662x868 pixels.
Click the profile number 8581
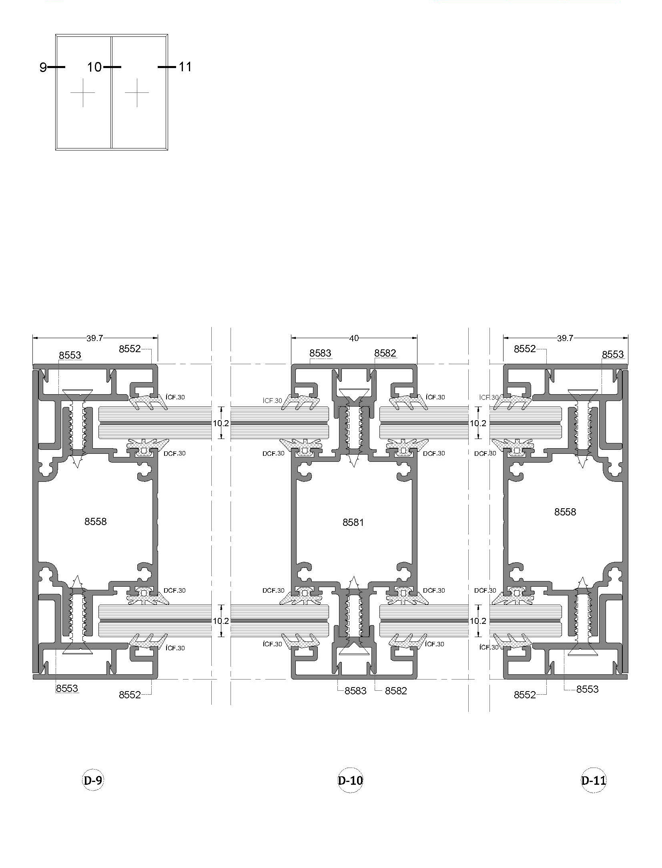tap(353, 522)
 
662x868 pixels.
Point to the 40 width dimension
tap(354, 338)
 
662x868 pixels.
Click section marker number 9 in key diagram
tap(43, 67)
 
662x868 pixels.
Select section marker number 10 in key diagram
tap(94, 67)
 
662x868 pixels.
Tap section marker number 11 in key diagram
tap(185, 66)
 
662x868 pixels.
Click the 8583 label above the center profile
tap(320, 353)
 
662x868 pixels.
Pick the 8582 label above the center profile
tap(385, 353)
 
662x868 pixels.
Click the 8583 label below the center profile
tap(355, 691)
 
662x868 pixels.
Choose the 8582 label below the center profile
tap(396, 691)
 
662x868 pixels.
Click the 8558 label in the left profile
tap(96, 521)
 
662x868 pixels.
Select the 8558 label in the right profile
tap(565, 512)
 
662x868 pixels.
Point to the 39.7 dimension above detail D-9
tap(95, 338)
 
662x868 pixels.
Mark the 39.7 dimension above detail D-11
tap(565, 338)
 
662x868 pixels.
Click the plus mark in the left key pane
tap(83, 93)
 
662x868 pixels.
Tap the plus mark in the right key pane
tap(137, 93)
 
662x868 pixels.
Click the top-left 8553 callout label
tap(70, 355)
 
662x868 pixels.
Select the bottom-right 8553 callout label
tap(587, 689)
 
